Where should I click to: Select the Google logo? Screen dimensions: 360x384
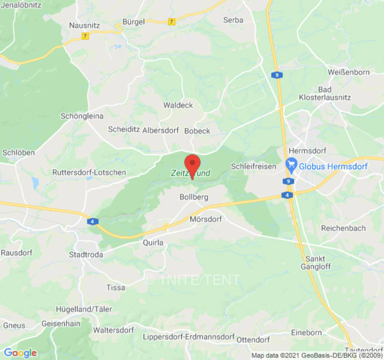point(20,353)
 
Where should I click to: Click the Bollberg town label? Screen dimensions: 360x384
point(194,197)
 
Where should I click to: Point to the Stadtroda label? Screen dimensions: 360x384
point(86,255)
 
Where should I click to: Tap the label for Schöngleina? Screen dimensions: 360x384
point(82,116)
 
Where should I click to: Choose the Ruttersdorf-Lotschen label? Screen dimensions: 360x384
point(89,172)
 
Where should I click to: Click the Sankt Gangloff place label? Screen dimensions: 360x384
point(318,262)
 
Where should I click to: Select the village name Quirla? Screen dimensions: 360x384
point(153,243)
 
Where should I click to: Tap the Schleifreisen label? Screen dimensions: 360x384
point(253,166)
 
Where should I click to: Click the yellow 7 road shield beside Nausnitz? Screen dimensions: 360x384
point(85,36)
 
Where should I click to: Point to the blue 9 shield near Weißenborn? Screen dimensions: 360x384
point(276,75)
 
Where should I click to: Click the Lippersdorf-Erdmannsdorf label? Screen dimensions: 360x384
point(189,337)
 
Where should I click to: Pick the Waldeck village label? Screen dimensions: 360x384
point(178,105)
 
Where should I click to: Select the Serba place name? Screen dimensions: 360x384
point(233,20)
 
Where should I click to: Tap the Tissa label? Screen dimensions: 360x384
point(116,288)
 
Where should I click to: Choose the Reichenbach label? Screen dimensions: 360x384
point(343,228)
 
